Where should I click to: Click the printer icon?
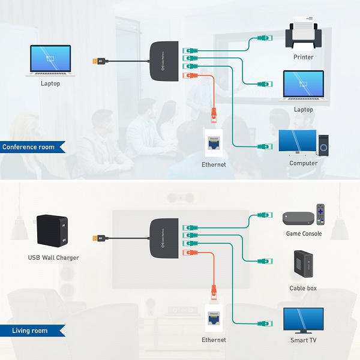304,35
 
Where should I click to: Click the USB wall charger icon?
53,230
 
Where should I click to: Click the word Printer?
304,58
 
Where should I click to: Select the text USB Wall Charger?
53,258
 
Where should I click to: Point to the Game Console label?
303,233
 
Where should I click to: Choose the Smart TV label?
303,340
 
